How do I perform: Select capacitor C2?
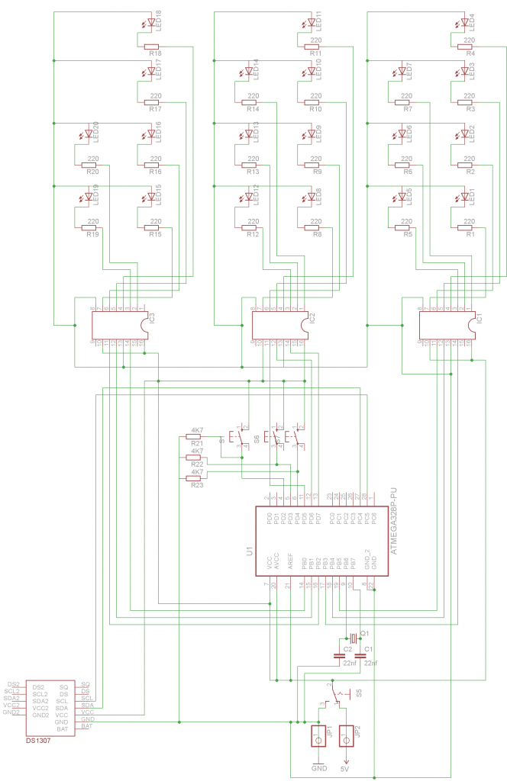tap(338, 655)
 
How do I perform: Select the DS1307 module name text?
tap(38, 740)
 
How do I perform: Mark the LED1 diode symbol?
tap(463, 196)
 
